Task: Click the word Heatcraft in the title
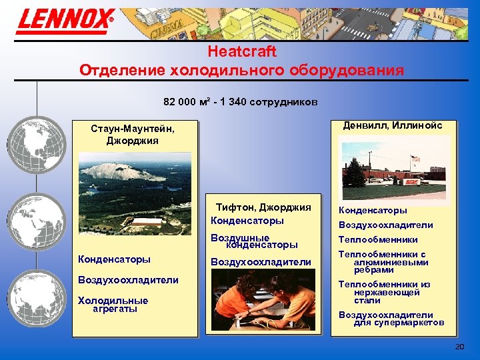point(241,51)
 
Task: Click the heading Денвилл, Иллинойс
point(392,125)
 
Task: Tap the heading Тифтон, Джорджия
point(263,207)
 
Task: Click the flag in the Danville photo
point(415,159)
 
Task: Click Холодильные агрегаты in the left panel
point(113,305)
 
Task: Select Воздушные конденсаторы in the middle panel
point(254,241)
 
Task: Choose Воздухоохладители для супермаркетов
point(391,319)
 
